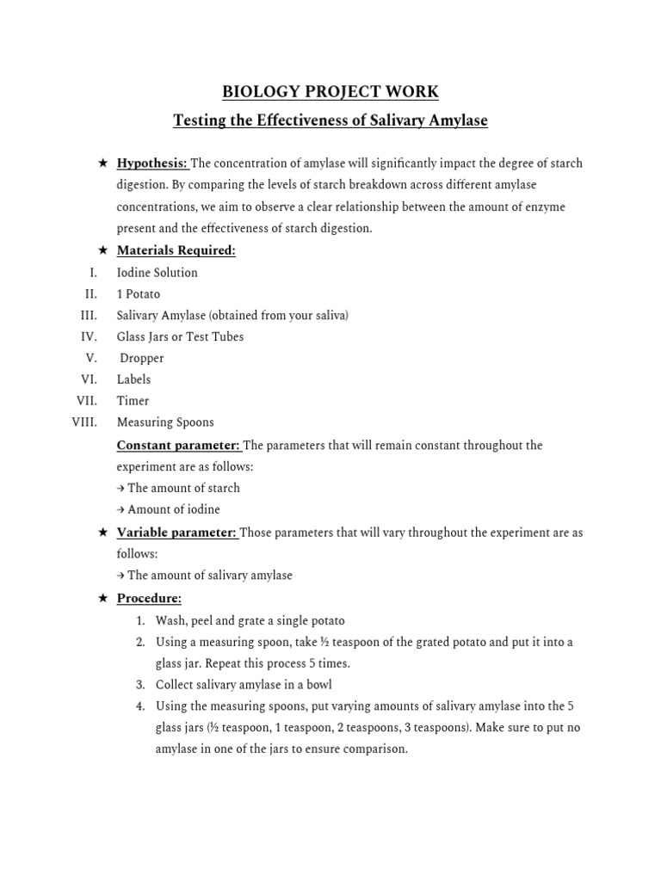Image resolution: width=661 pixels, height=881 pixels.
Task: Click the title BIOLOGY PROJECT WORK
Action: [330, 91]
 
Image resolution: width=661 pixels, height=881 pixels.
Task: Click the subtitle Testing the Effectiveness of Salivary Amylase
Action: [330, 120]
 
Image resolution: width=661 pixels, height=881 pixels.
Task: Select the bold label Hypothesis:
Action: [152, 163]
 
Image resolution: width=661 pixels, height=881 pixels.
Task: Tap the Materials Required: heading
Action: [176, 250]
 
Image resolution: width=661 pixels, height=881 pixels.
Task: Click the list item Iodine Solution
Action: [158, 273]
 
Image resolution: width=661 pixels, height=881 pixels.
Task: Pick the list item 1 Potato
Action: [139, 294]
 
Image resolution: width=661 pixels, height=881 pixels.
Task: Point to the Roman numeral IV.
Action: [90, 336]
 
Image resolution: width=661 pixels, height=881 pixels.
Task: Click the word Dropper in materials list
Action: [142, 358]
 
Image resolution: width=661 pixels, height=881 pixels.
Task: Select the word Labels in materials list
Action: [133, 379]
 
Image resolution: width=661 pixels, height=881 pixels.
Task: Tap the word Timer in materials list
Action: [133, 401]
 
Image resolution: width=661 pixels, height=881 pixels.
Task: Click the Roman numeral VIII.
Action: [84, 422]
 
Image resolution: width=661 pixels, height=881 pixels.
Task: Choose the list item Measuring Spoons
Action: [165, 422]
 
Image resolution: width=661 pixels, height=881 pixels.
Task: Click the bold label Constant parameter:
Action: [179, 446]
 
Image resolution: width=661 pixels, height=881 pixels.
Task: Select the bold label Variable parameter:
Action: [176, 533]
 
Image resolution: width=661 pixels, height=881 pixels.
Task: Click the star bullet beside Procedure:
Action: [102, 599]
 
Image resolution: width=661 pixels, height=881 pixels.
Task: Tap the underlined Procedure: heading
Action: [149, 599]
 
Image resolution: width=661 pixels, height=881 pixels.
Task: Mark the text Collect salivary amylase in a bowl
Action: [244, 685]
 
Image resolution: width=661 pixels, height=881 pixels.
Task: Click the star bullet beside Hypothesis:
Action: [102, 163]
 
